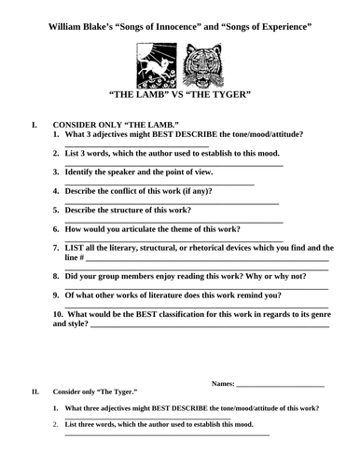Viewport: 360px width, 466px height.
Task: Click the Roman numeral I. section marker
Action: pos(35,123)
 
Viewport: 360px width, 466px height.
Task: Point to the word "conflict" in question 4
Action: pos(133,190)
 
